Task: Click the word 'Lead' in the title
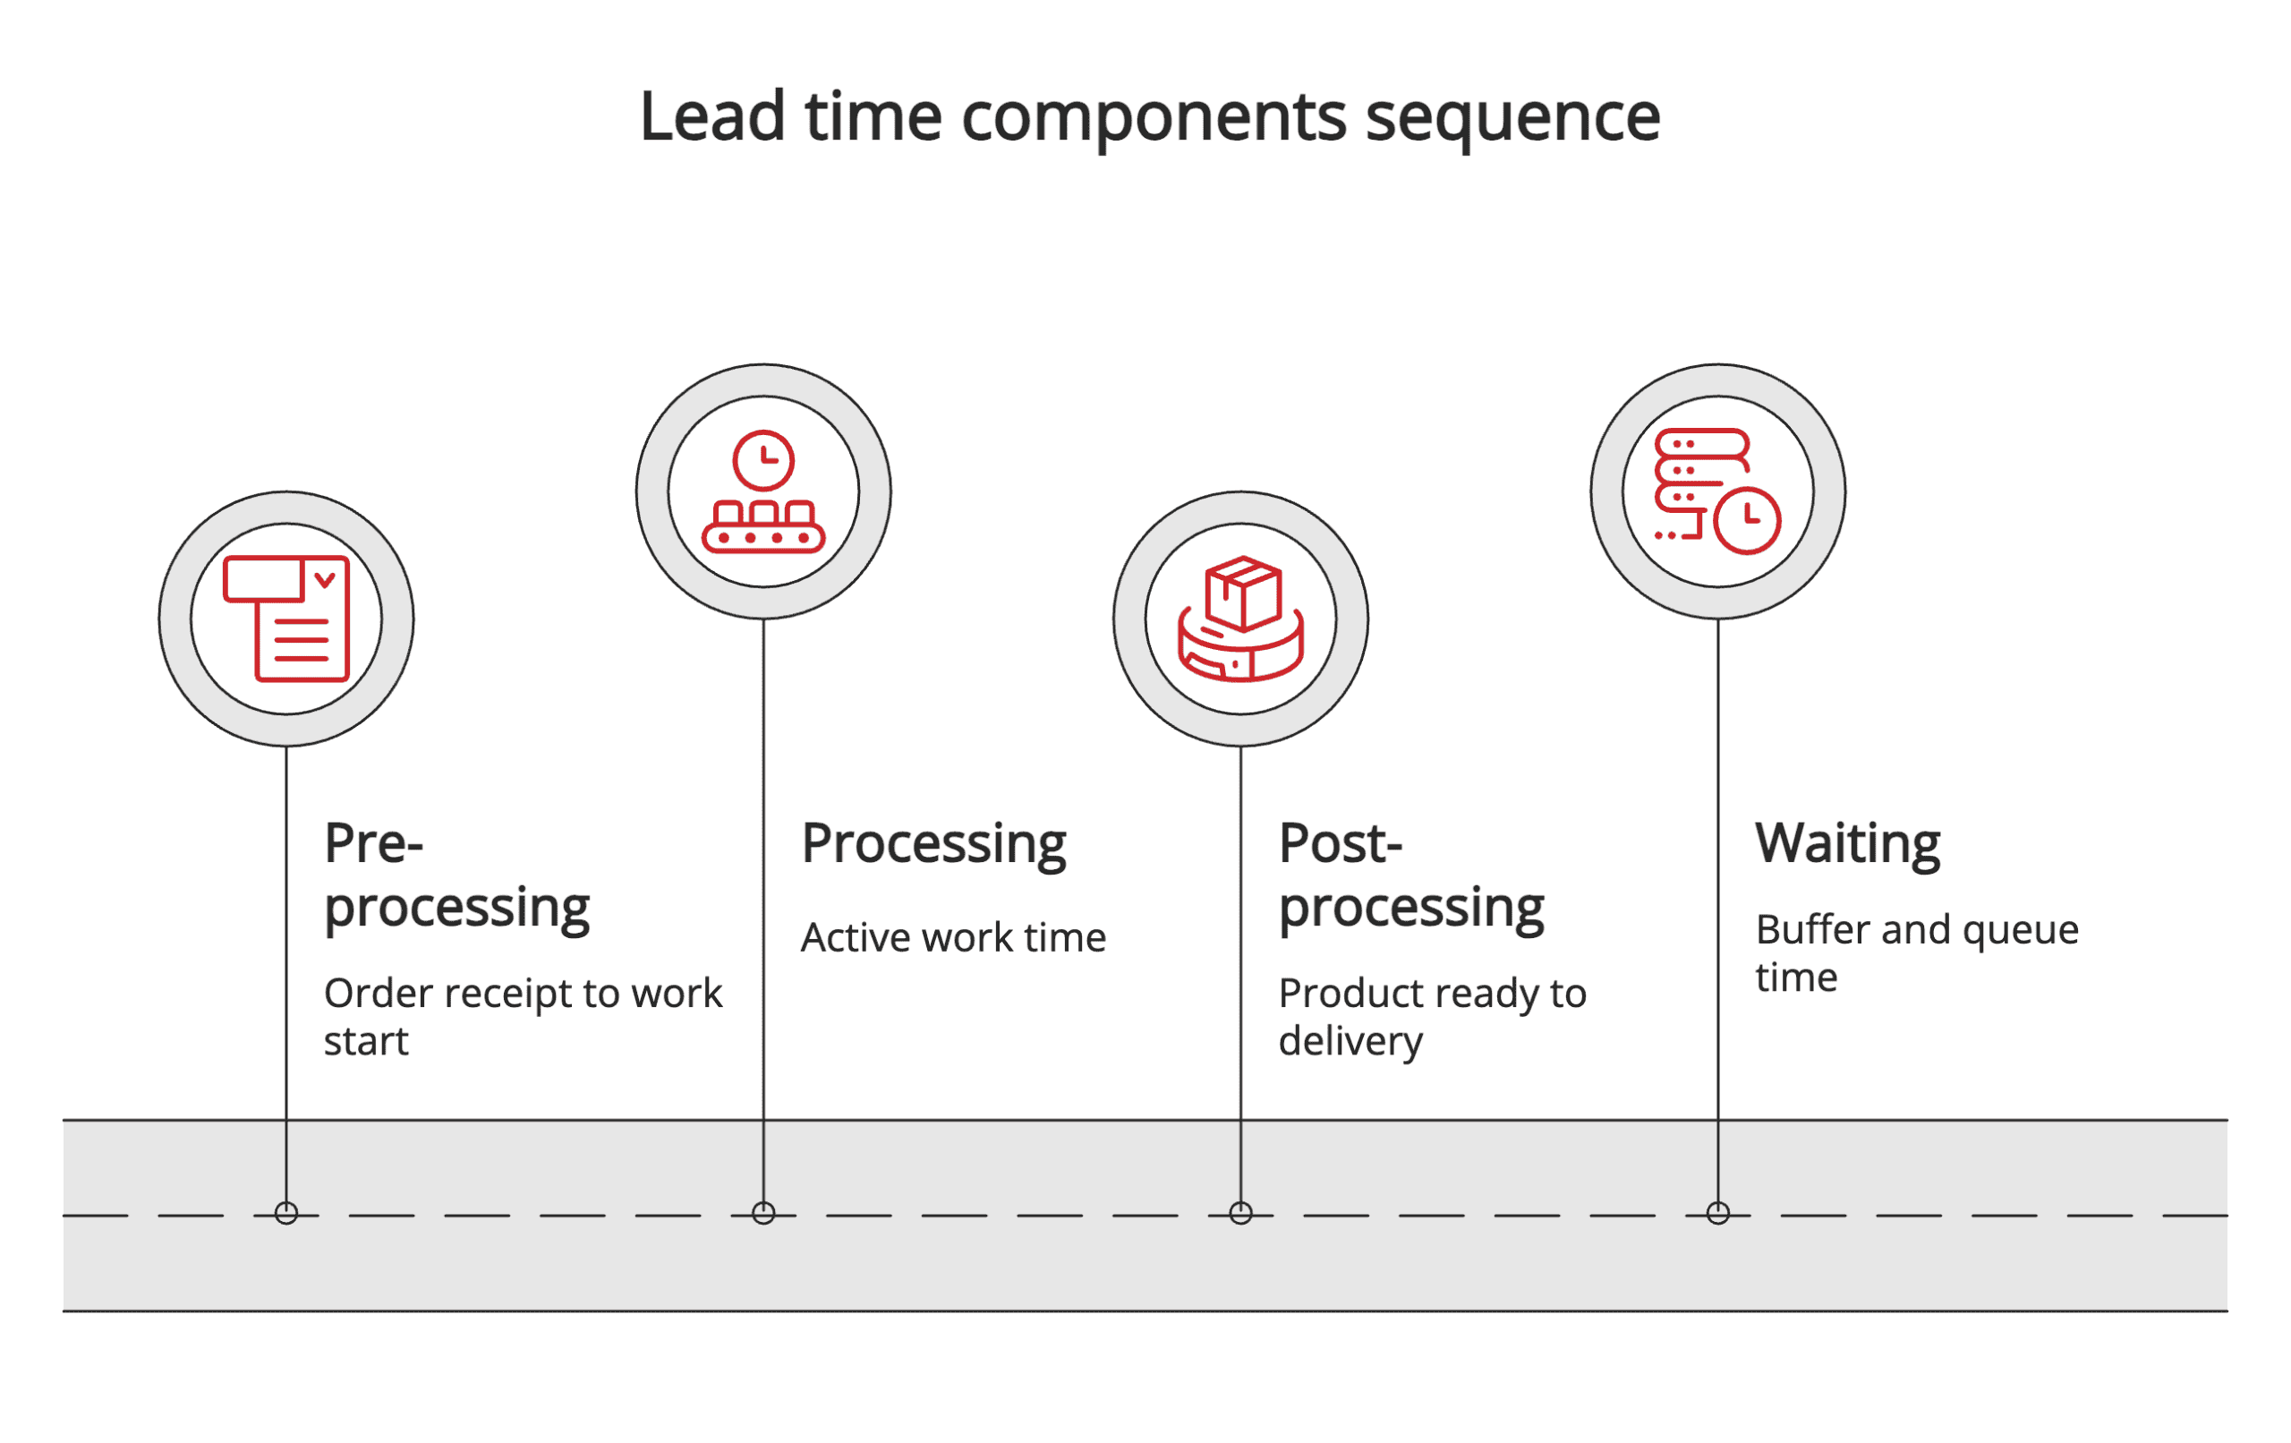(x=711, y=117)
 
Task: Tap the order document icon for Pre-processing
(x=286, y=619)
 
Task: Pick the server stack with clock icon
(x=1717, y=492)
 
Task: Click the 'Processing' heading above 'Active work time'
(x=933, y=844)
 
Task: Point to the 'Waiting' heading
(x=1847, y=844)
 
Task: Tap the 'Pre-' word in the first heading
(x=373, y=844)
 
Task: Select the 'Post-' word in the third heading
(x=1340, y=844)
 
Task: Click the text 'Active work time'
(x=953, y=938)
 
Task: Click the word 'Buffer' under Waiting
(x=1814, y=930)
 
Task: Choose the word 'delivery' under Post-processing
(x=1350, y=1041)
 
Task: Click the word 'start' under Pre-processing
(x=365, y=1041)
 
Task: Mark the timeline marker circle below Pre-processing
(x=286, y=1213)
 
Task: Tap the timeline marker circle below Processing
(x=763, y=1213)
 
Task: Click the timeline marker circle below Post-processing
(x=1240, y=1213)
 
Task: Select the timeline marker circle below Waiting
(x=1717, y=1213)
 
